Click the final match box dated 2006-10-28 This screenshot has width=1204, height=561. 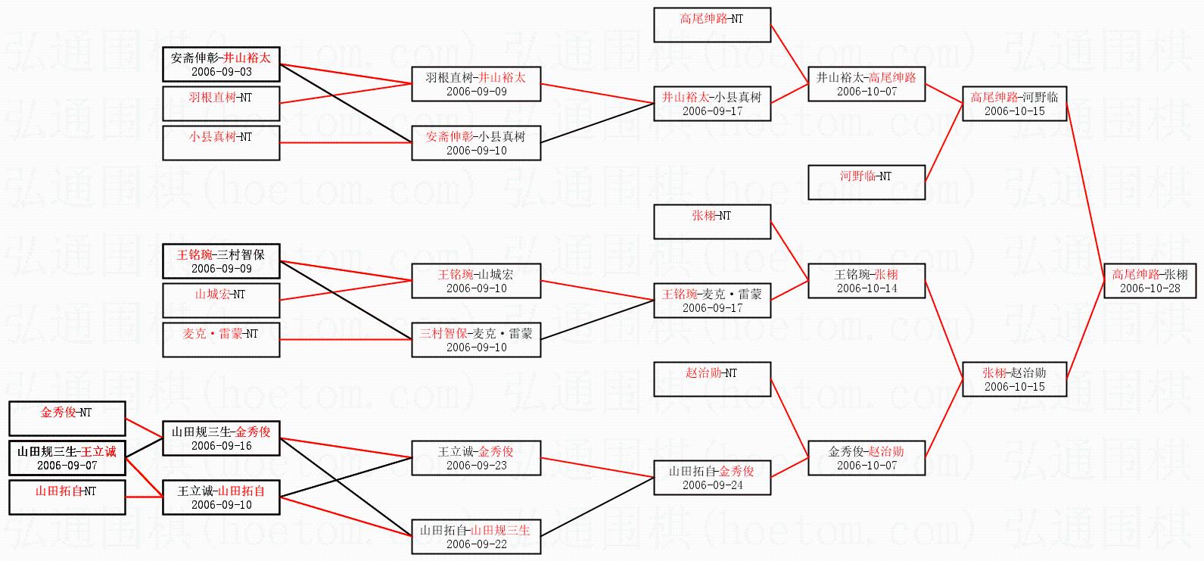click(x=1150, y=281)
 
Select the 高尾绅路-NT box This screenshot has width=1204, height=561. click(x=712, y=24)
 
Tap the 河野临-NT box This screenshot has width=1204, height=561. click(x=866, y=182)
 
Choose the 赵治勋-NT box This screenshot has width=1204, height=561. click(x=712, y=379)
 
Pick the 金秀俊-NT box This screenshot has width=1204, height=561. click(x=66, y=419)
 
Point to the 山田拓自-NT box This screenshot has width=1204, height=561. click(x=66, y=497)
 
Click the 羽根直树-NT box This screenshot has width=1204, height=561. click(x=221, y=104)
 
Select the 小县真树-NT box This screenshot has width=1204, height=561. click(x=221, y=143)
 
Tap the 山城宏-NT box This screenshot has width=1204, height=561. click(x=221, y=301)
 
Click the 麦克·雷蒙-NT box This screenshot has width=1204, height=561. click(x=221, y=340)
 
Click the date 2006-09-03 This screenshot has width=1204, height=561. click(x=221, y=72)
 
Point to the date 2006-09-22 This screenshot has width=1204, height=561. click(x=476, y=544)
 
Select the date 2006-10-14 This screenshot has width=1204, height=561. click(x=866, y=288)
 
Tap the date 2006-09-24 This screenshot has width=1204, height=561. click(x=712, y=485)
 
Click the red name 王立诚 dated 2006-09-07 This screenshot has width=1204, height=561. click(x=99, y=452)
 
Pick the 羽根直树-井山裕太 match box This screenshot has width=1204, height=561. click(x=476, y=84)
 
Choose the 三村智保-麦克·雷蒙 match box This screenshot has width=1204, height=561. click(x=476, y=340)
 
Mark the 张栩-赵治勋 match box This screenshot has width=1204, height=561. click(x=1014, y=379)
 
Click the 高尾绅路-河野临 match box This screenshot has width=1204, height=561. click(x=1014, y=104)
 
